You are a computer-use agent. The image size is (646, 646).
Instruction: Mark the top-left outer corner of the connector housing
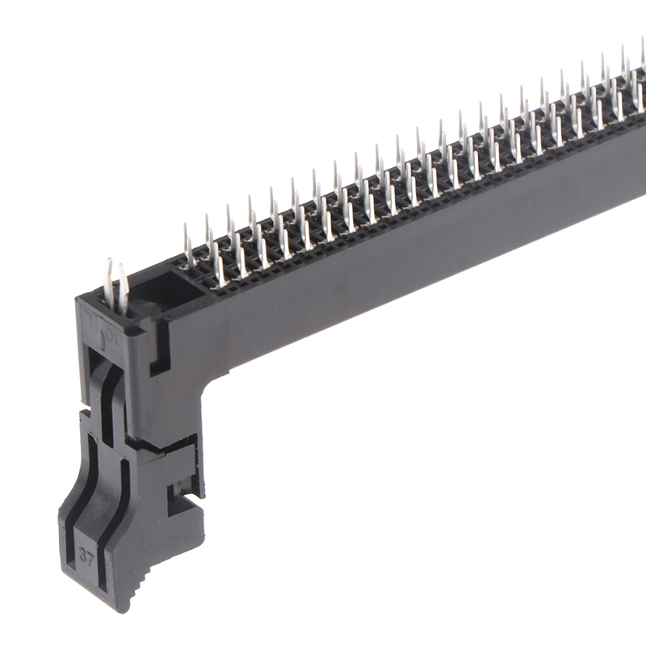pos(78,300)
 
